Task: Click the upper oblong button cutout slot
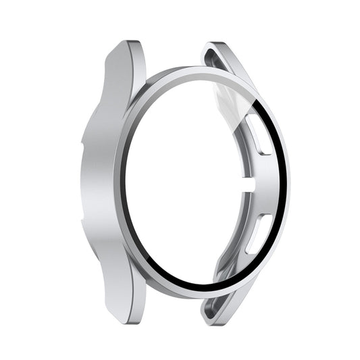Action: [x=257, y=126]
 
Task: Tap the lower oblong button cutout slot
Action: [x=259, y=233]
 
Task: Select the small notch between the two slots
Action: [x=251, y=180]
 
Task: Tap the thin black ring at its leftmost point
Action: [x=124, y=182]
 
